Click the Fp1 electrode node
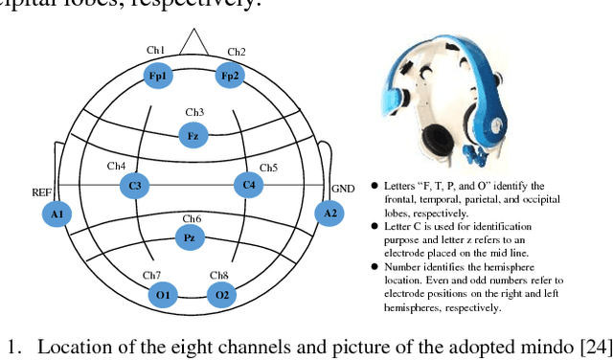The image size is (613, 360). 157,75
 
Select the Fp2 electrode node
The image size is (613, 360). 229,75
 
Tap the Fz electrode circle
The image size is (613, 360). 193,136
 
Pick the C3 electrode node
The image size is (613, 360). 135,186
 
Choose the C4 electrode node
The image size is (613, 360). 248,185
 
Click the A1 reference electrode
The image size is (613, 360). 56,214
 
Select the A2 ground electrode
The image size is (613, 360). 330,213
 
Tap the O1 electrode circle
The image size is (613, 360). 163,294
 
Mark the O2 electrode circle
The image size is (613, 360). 222,294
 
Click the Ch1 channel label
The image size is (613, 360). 155,51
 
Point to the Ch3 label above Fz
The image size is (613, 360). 194,112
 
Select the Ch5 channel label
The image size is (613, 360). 268,169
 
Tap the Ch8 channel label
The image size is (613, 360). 219,275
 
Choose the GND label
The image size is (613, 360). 343,190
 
